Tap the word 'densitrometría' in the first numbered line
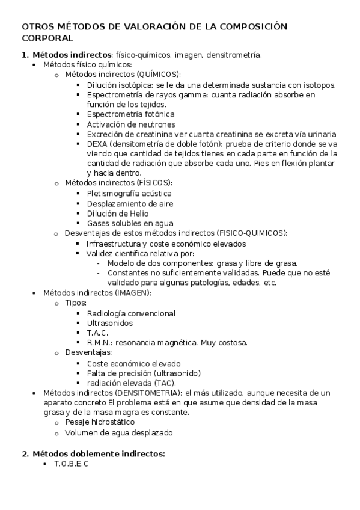(234, 54)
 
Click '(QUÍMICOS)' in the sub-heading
(159, 74)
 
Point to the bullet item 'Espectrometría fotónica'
(130, 114)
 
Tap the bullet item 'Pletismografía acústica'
(129, 193)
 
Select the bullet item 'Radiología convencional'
(131, 313)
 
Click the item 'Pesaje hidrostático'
(100, 422)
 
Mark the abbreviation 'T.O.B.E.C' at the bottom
(70, 464)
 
